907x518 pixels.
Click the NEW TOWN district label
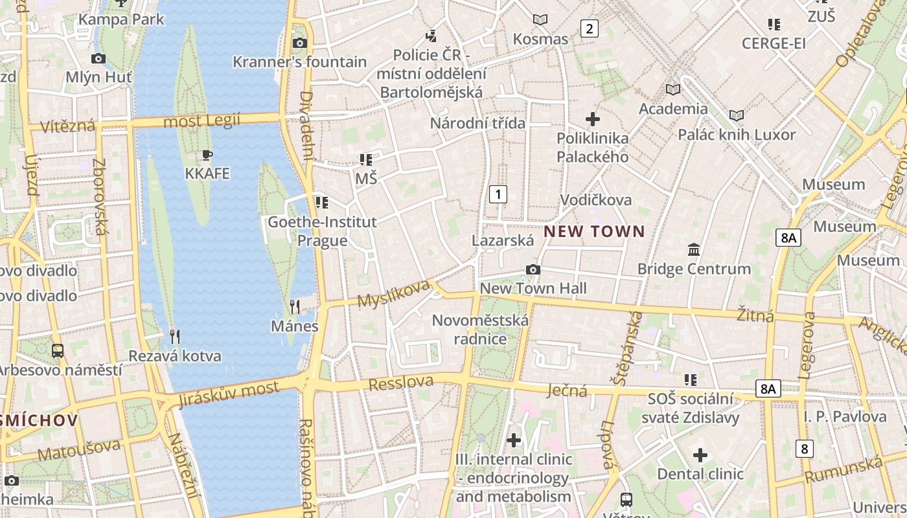tap(594, 231)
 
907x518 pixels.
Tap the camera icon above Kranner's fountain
tap(299, 43)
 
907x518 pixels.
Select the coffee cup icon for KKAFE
tap(207, 155)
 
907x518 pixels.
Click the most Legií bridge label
tap(201, 120)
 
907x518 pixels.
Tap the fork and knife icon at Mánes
tap(295, 306)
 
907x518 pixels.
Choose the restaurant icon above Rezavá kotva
tap(174, 336)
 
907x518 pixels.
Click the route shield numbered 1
tap(498, 194)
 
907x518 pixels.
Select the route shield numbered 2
tap(589, 28)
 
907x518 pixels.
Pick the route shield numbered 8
tap(804, 449)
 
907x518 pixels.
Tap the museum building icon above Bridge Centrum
tap(694, 249)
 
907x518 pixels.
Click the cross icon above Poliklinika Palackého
tap(592, 119)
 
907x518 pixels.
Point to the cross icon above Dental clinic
tap(700, 455)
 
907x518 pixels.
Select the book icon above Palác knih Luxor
tap(736, 115)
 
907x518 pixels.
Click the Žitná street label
tap(755, 315)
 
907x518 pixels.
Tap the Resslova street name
tap(400, 383)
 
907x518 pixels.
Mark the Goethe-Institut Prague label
tap(322, 231)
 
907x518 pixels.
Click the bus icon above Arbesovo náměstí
tap(58, 351)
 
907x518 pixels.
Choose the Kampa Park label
tap(121, 19)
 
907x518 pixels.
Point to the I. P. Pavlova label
tap(845, 416)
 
